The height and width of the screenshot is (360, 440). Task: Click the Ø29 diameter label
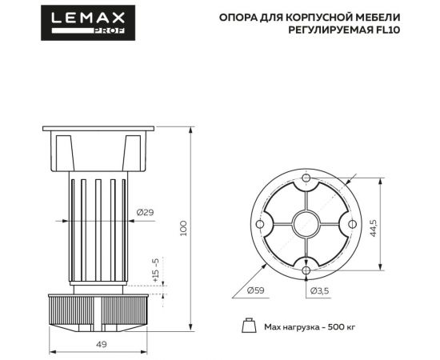(x=145, y=212)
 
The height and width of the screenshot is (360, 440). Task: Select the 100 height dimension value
(x=184, y=227)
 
